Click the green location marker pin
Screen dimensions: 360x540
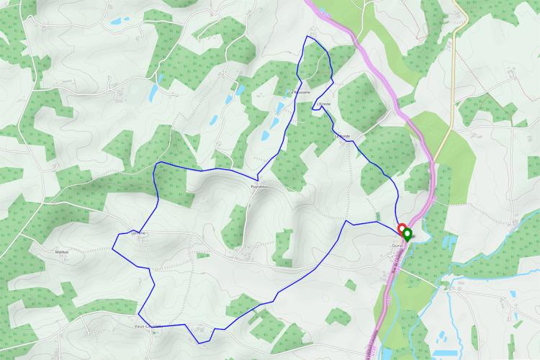pyautogui.click(x=407, y=235)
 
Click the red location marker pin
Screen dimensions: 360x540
pyautogui.click(x=402, y=230)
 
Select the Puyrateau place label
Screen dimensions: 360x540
pyautogui.click(x=260, y=186)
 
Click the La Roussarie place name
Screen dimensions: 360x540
pyautogui.click(x=299, y=92)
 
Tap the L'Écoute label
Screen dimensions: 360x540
pyautogui.click(x=323, y=104)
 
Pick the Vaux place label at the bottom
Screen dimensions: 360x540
pyautogui.click(x=148, y=325)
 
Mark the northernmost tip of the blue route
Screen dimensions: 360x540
pyautogui.click(x=307, y=36)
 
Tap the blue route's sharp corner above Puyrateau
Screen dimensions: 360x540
pyautogui.click(x=258, y=177)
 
